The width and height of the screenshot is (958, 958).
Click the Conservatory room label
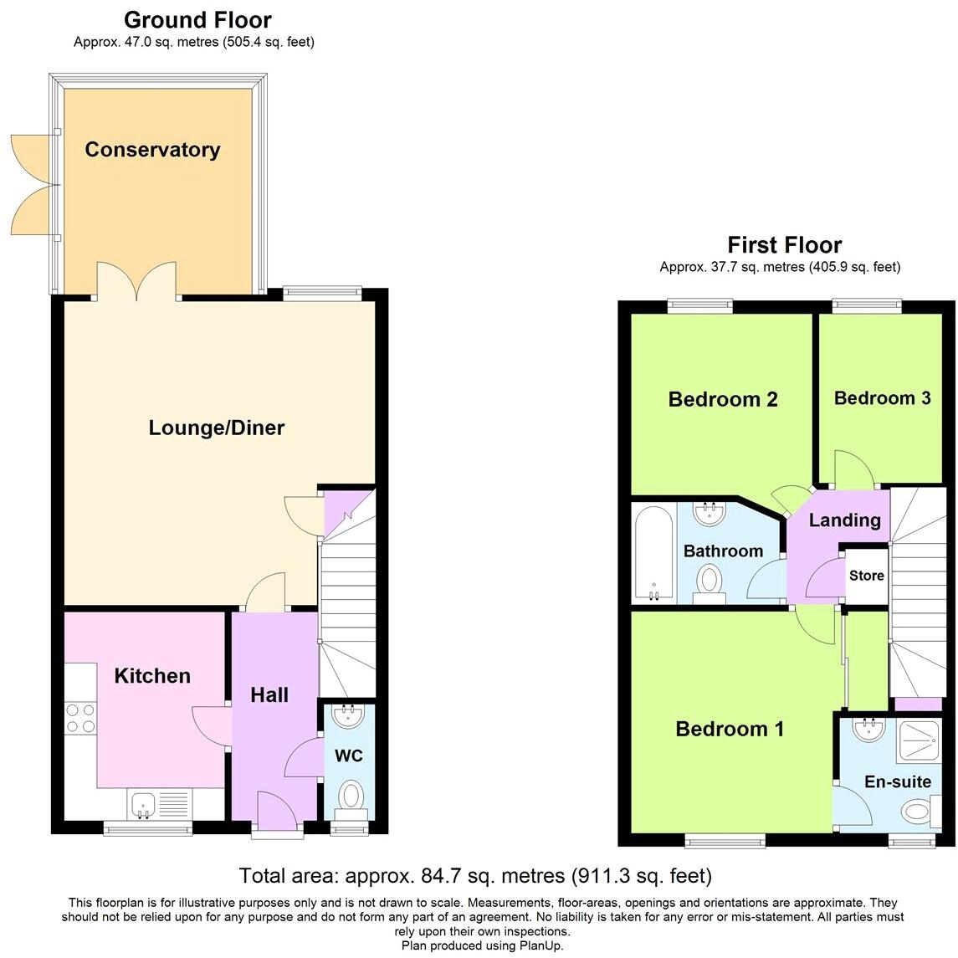coord(152,150)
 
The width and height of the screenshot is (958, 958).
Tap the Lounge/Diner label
coord(217,428)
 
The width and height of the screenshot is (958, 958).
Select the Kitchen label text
coord(152,675)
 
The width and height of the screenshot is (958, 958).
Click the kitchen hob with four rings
coord(80,717)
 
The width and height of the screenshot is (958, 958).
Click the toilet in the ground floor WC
coord(351,796)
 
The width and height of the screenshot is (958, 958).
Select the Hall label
coord(269,694)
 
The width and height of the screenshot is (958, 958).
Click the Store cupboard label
coord(866,576)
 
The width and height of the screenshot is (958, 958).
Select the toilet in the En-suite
coord(919,810)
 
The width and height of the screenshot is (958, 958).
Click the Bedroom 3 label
coord(882,397)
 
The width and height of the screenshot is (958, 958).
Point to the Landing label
coord(844,520)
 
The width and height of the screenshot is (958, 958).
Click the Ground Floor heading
coord(197,19)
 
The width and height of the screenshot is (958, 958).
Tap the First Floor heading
coord(784,244)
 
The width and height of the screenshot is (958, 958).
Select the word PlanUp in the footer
coord(540,945)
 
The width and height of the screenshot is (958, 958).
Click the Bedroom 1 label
coord(730,729)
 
